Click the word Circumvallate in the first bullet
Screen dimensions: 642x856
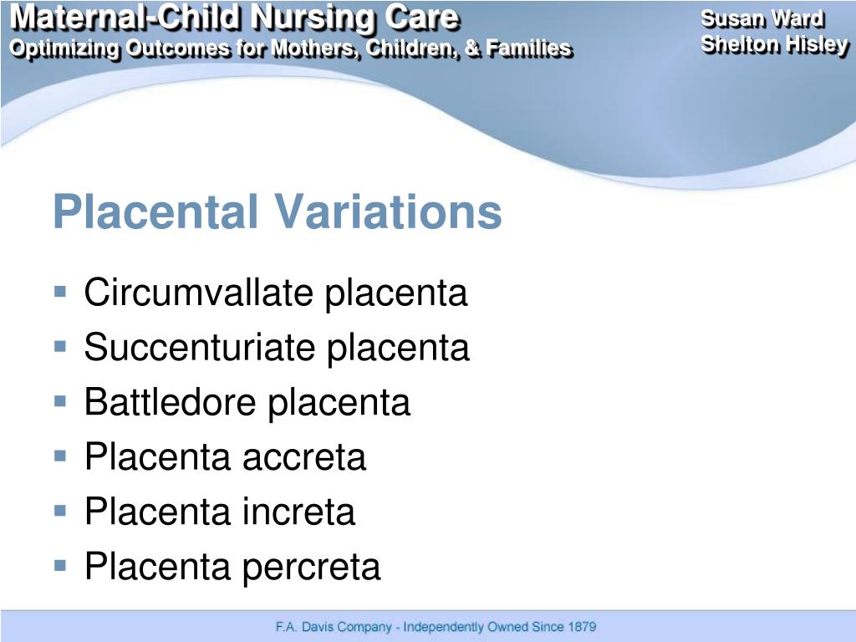(200, 293)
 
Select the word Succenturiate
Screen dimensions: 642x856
(201, 348)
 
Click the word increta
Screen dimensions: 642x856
(298, 512)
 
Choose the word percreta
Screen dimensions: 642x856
(312, 567)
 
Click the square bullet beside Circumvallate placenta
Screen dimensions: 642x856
(59, 293)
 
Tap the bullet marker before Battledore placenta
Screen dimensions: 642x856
(59, 401)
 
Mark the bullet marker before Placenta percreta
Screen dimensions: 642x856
(59, 565)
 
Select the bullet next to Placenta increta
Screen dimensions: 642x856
(59, 510)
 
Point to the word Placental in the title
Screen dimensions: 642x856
(155, 212)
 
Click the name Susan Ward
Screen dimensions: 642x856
(762, 19)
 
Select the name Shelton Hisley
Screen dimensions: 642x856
(774, 44)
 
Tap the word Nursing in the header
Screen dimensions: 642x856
(305, 18)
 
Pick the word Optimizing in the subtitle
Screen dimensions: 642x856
(64, 48)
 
